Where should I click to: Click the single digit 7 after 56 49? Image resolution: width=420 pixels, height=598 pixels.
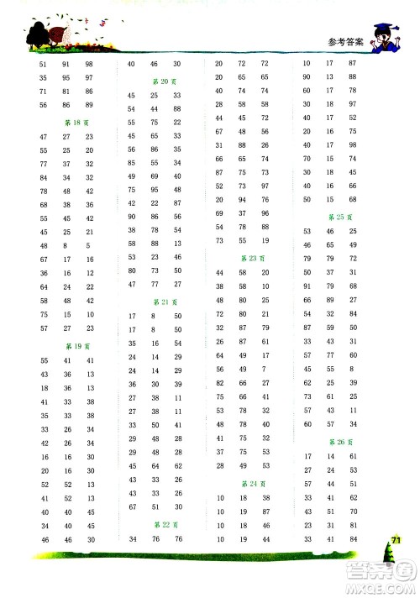[265, 369]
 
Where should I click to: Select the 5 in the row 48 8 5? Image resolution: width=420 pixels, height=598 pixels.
[88, 244]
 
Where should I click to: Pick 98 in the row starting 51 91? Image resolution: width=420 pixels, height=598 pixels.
[89, 64]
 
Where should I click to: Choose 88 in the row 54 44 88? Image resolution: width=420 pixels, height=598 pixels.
[176, 109]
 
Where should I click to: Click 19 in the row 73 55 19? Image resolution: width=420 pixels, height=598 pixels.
[265, 240]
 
